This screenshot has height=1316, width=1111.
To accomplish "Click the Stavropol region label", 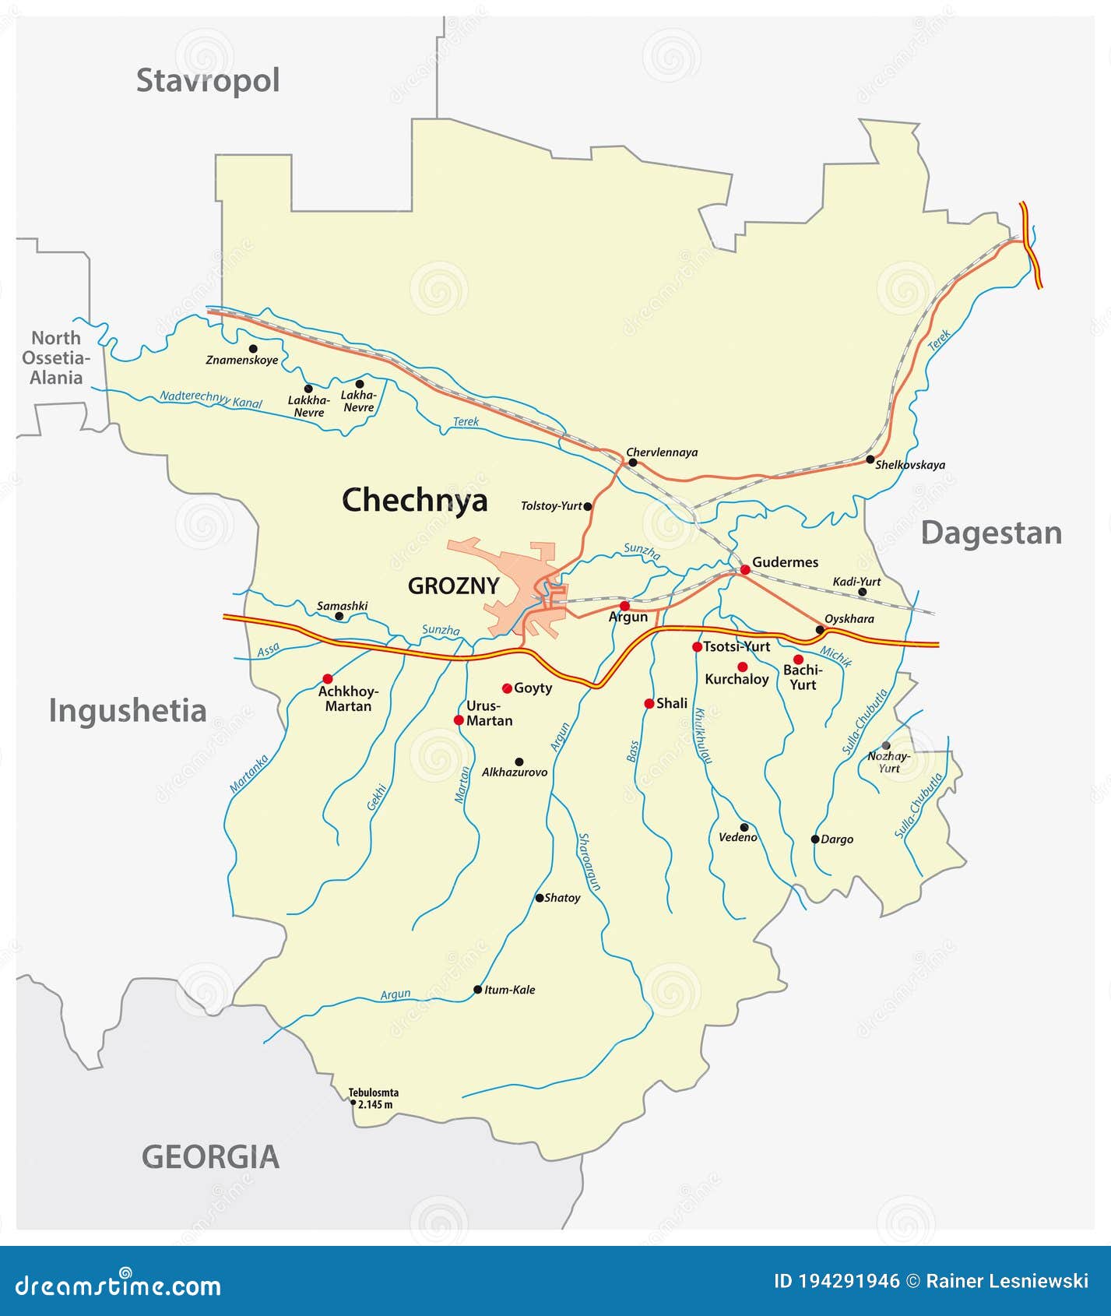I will click(x=208, y=80).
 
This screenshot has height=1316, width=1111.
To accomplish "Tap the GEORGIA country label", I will click(x=210, y=1156).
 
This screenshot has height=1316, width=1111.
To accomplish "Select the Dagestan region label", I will click(x=991, y=533).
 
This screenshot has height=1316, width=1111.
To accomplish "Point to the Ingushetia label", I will click(x=128, y=711).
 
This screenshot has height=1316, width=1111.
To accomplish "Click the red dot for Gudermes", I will click(x=745, y=570).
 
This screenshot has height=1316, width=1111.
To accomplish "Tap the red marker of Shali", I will click(x=649, y=704).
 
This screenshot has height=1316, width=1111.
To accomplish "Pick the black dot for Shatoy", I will click(x=540, y=898).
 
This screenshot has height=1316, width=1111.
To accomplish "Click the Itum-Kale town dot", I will click(x=478, y=990).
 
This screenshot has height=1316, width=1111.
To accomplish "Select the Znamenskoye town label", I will click(x=242, y=361).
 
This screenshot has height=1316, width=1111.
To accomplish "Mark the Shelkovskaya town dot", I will click(x=870, y=459).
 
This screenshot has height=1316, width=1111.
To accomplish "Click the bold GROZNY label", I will click(x=453, y=586).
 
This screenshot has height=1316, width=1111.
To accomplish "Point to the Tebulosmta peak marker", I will click(x=353, y=1103).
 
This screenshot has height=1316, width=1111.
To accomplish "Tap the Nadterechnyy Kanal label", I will click(x=211, y=399).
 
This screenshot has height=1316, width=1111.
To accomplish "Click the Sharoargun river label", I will click(x=589, y=862).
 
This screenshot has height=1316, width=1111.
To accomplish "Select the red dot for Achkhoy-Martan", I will click(x=328, y=678).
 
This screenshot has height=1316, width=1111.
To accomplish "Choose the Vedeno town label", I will click(x=738, y=838).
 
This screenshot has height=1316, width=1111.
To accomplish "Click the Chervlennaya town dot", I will click(x=633, y=463).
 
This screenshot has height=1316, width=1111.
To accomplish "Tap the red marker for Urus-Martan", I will click(x=459, y=720).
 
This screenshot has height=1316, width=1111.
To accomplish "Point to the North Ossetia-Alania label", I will click(x=56, y=358).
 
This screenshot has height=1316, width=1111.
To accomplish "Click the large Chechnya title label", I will click(x=414, y=500).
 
